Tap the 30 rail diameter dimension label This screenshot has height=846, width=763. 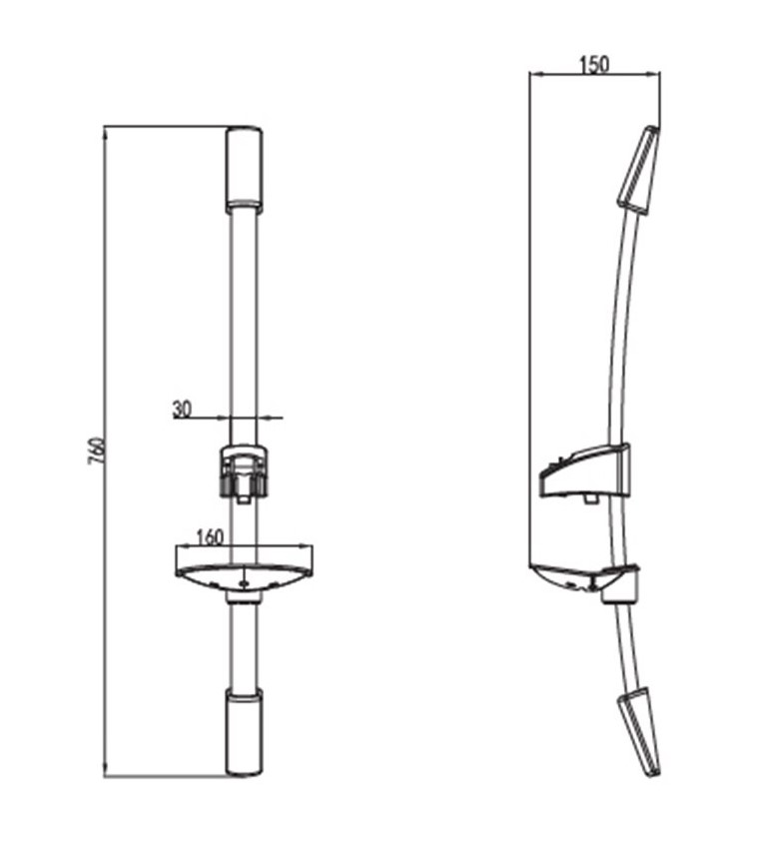pyautogui.click(x=182, y=409)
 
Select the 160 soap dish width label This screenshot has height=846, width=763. pyautogui.click(x=210, y=538)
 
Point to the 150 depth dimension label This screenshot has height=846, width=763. pyautogui.click(x=594, y=64)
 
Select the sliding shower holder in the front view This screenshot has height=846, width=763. pyautogui.click(x=244, y=471)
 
